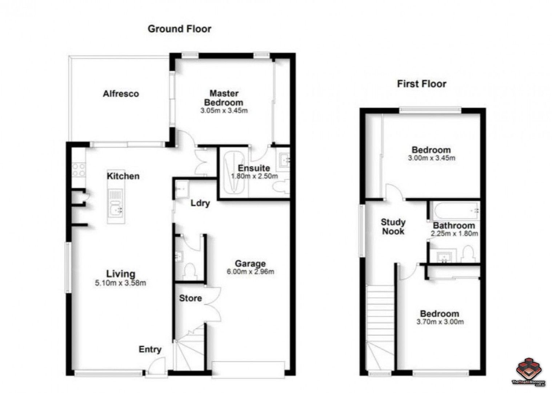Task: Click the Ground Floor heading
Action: pos(179,29)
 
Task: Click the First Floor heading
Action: pos(421,84)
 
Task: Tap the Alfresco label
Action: pos(121,94)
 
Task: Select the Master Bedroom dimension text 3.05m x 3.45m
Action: pos(224,110)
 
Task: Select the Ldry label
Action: pos(200,203)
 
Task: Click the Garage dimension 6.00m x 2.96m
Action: pos(250,271)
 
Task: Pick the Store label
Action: pos(191,298)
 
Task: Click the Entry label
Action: pos(150,350)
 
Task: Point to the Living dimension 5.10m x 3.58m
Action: pos(120,283)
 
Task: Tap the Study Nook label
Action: pos(393,226)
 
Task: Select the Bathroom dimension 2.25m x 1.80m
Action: pos(454,234)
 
